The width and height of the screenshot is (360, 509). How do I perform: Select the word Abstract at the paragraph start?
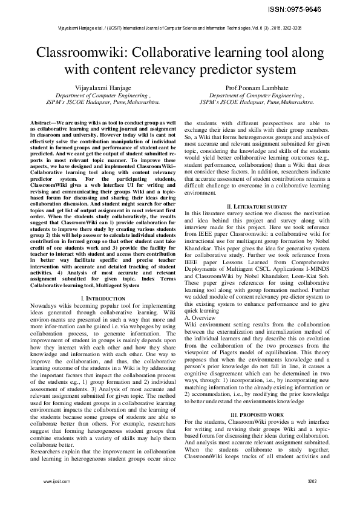pos(44,123)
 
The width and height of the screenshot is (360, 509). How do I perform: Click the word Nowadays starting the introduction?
pos(46,307)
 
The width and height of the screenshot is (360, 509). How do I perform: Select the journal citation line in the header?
pos(180,28)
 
